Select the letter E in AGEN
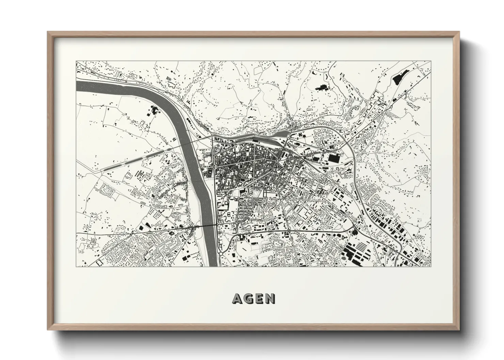[x=259, y=299]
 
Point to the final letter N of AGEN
[x=270, y=299]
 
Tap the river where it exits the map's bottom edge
[x=212, y=264]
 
